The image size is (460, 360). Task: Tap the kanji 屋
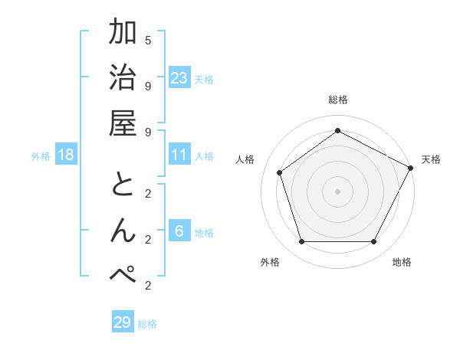(x=123, y=123)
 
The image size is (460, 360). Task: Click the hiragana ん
(x=123, y=231)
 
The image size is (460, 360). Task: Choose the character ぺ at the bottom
(x=123, y=276)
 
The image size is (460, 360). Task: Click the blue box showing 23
(x=179, y=77)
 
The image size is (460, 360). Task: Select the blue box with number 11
(x=179, y=155)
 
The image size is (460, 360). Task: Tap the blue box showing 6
(x=179, y=231)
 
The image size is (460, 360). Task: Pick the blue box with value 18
(x=66, y=155)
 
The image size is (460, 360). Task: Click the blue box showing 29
(x=123, y=322)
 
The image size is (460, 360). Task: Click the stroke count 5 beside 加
(x=148, y=40)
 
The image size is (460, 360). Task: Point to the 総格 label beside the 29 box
(x=148, y=324)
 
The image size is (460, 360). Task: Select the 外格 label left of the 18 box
(x=41, y=156)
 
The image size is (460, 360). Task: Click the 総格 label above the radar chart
(x=337, y=100)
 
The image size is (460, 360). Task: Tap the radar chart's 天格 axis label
(x=431, y=159)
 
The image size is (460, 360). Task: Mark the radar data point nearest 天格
(x=411, y=168)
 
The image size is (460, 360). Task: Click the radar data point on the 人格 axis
(x=280, y=173)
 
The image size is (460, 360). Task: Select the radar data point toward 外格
(x=302, y=242)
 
